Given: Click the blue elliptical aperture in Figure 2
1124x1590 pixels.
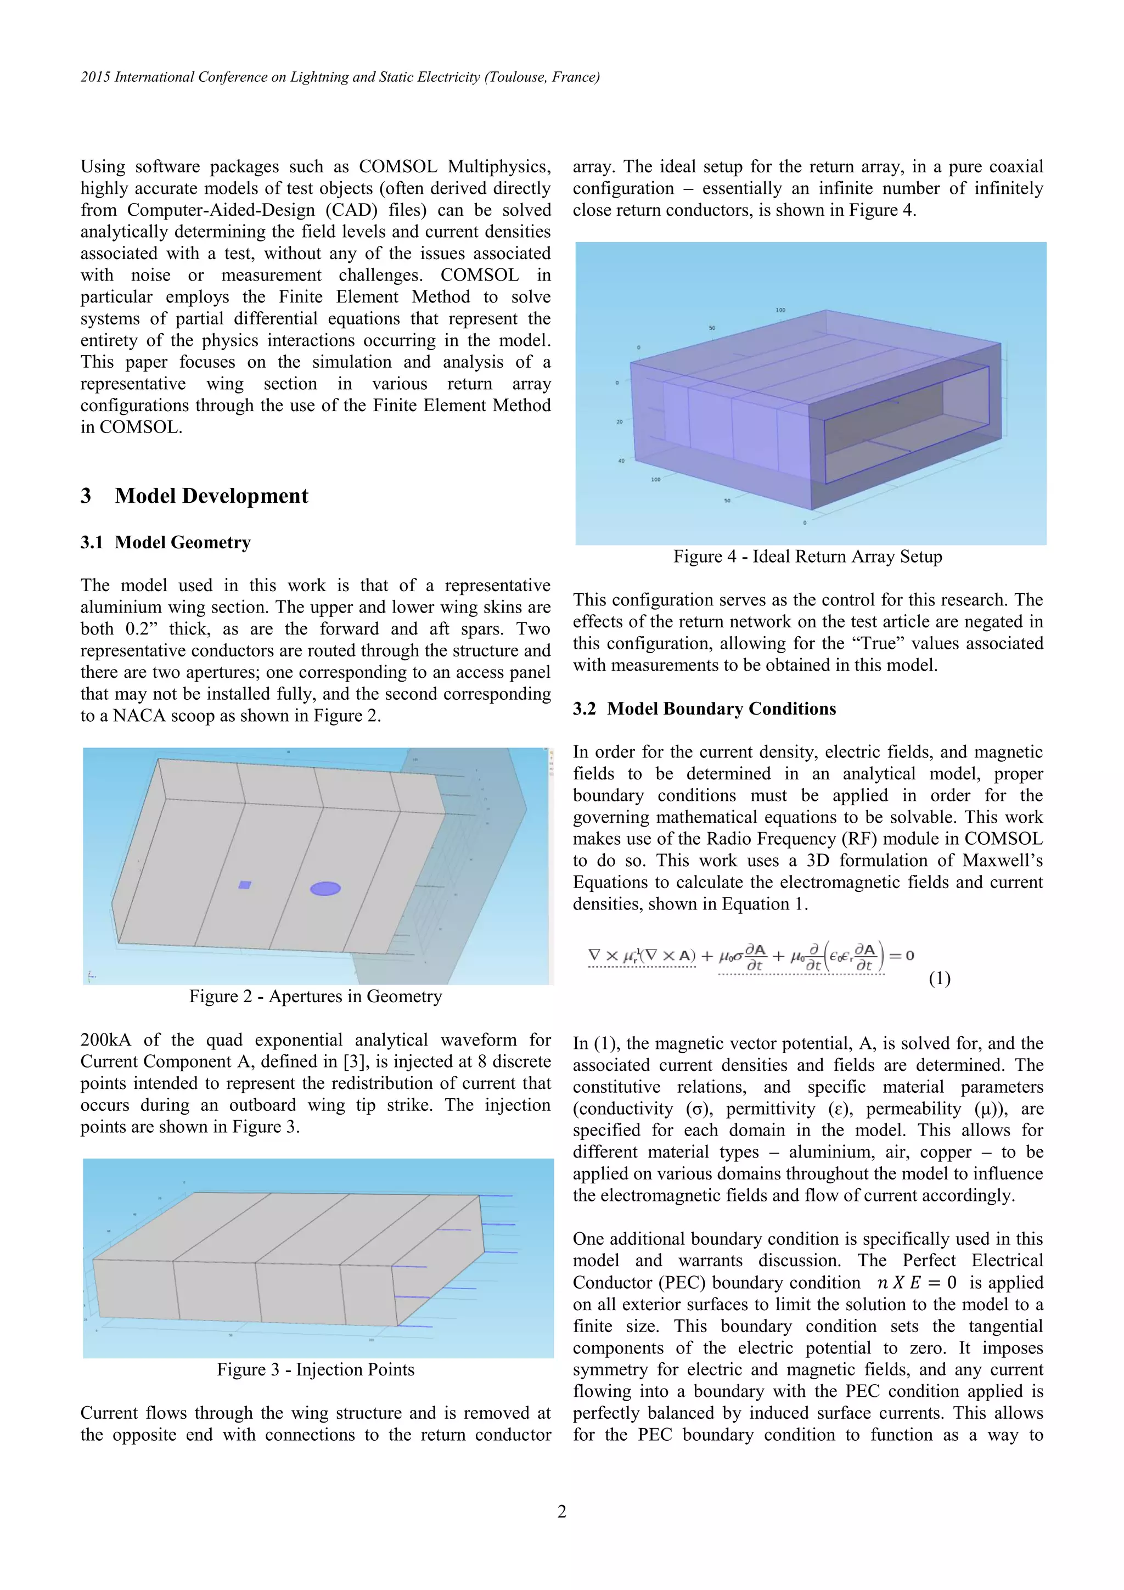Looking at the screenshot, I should coord(325,889).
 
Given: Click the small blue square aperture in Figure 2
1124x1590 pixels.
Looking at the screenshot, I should coord(244,884).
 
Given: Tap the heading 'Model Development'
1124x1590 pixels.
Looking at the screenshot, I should coord(211,496).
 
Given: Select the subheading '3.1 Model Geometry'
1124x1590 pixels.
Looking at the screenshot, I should coord(166,542).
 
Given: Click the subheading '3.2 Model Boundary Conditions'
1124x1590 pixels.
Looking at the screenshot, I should coord(704,709).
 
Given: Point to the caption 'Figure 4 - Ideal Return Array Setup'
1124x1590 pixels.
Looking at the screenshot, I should coord(807,557).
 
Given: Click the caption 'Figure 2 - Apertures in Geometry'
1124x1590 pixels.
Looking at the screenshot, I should coord(315,997).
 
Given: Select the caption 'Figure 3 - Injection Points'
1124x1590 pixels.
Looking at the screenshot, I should coord(315,1370).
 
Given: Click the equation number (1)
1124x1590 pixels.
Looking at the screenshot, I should coord(939,979).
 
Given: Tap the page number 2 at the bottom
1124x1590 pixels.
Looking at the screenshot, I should coord(561,1512).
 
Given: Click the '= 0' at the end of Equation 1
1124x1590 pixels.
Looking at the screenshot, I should coord(900,956).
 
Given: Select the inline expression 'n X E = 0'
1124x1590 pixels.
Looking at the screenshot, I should coord(916,1283).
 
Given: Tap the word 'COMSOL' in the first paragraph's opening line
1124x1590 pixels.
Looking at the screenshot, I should coord(397,167).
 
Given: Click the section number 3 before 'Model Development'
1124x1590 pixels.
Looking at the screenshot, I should coord(86,496).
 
